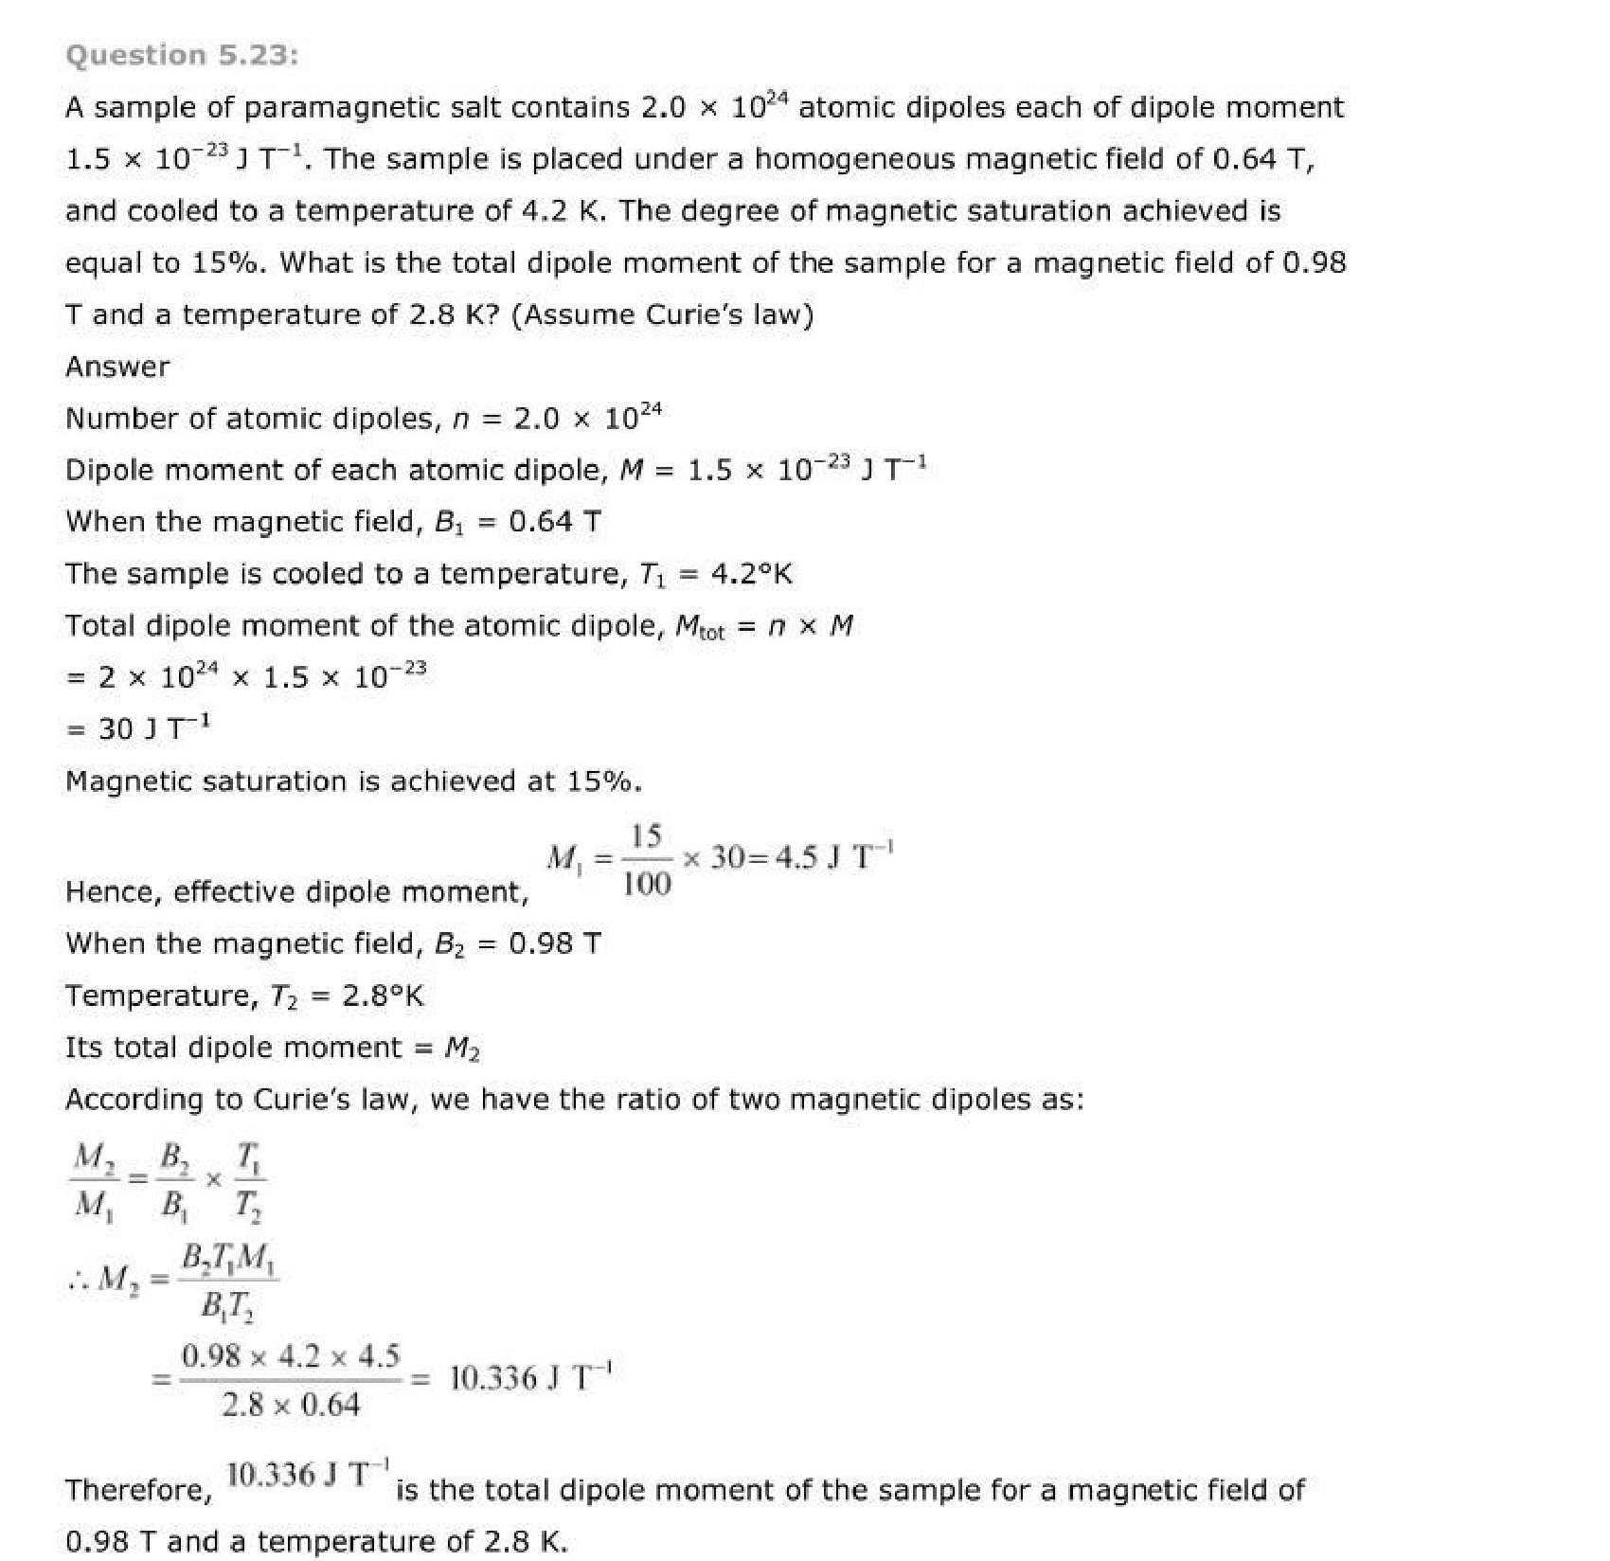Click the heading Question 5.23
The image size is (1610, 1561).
(182, 55)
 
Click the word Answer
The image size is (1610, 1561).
(117, 367)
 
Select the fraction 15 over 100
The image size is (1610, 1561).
(647, 859)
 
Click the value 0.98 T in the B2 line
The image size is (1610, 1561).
(554, 943)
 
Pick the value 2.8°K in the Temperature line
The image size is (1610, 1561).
(383, 996)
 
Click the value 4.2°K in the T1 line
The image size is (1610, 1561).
(751, 574)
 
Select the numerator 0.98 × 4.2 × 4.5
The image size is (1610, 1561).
(291, 1356)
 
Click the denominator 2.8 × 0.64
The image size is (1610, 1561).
(291, 1404)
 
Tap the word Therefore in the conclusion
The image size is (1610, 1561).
(138, 1490)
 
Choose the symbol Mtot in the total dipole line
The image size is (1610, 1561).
(699, 626)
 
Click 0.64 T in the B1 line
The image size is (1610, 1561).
(554, 522)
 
